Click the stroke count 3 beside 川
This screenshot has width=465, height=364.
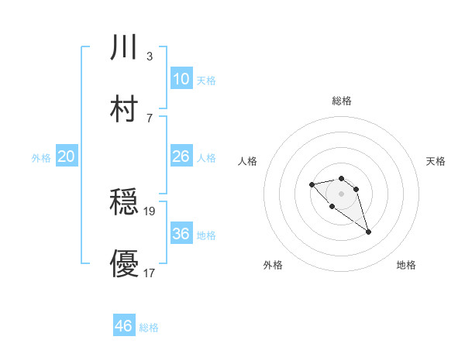149,56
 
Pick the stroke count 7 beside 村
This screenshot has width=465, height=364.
149,118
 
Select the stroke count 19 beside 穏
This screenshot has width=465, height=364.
150,211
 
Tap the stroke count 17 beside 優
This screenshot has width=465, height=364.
150,273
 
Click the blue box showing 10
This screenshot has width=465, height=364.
181,78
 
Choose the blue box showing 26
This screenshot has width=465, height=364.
181,156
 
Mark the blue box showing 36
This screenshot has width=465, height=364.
181,233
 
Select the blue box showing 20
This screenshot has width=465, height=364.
66,156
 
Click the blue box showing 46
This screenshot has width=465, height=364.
124,326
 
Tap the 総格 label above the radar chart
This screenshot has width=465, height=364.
341,101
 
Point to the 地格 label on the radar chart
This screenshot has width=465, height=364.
406,265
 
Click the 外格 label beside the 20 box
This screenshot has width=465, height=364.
41,158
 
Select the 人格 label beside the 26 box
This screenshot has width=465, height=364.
206,158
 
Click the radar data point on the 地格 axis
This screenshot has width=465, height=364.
368,232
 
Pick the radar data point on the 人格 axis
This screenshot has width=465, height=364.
312,184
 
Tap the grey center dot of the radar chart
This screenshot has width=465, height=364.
341,193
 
